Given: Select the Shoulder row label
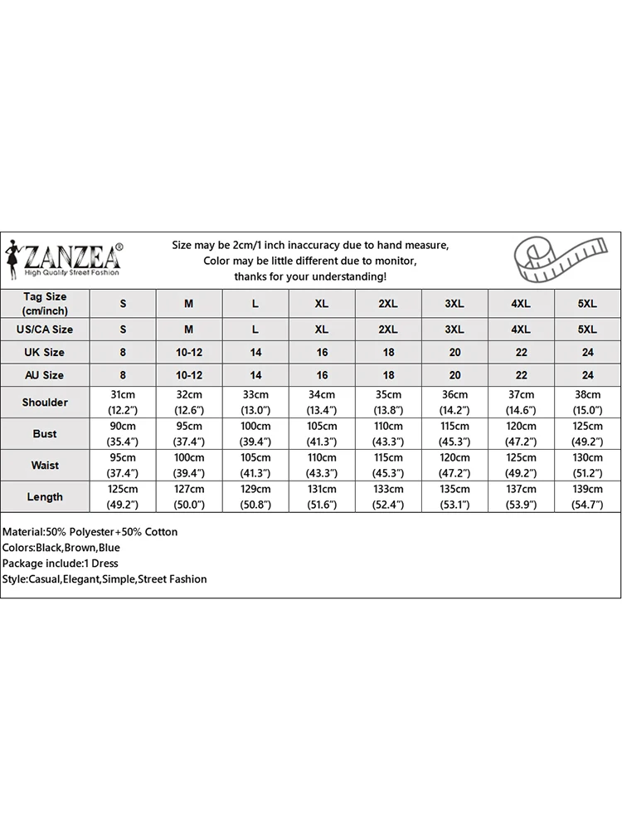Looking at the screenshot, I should click(x=45, y=403).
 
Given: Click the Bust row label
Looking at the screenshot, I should click(x=45, y=434).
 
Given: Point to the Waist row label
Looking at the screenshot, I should click(x=45, y=466).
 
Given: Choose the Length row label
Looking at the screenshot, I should click(x=45, y=497).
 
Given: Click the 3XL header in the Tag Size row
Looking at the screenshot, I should click(x=454, y=304).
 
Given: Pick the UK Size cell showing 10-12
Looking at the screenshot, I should click(x=189, y=353).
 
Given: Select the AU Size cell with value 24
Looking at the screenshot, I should click(x=587, y=375).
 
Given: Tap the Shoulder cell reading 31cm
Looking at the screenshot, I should click(x=123, y=403).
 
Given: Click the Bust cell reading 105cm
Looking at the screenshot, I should click(x=322, y=434).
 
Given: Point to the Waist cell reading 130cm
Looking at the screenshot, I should click(x=587, y=466).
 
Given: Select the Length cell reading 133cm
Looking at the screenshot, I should click(x=388, y=497).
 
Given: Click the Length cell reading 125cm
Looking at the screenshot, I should click(x=123, y=497).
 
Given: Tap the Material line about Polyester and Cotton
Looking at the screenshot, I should click(x=90, y=532).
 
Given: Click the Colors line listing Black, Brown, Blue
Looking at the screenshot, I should click(x=61, y=548).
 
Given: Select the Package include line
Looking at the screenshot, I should click(x=61, y=564).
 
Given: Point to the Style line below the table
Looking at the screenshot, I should click(x=104, y=579).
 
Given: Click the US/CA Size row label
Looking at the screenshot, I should click(x=45, y=330).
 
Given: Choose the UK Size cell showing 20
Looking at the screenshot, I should click(x=454, y=353).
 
